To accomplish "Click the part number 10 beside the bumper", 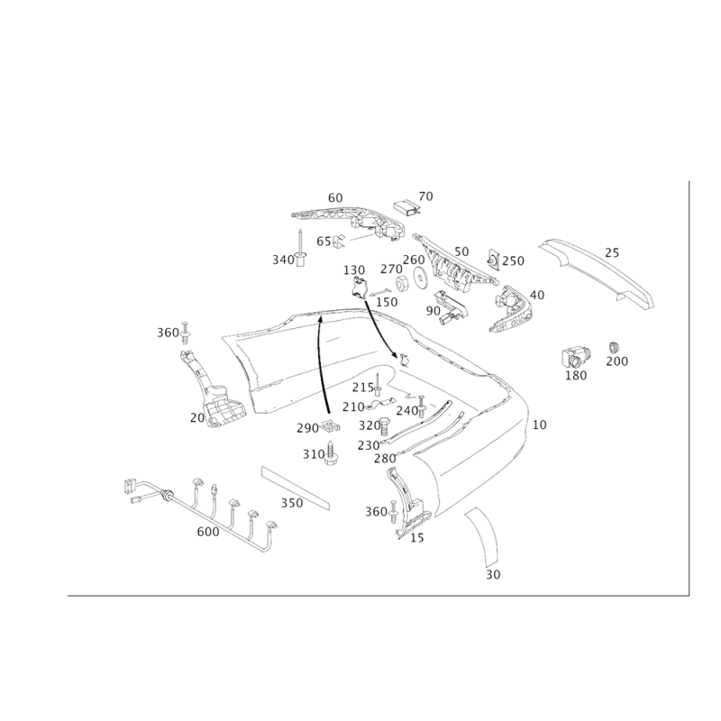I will pos(539,424).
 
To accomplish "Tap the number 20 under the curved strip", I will pos(492,573).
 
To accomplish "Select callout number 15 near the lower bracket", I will pos(416,538).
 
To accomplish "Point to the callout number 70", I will pos(425,196).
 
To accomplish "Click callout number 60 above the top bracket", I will pos(335,196).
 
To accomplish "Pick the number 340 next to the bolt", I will pos(283,260).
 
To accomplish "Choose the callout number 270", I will pos(514,261).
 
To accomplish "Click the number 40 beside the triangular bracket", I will pos(538,295).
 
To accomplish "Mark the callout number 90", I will pos(434,311).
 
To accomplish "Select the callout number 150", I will pos(387,302).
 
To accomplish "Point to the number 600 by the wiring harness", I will pos(208,532).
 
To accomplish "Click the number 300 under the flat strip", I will pos(290,502).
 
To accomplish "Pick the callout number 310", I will pos(314,455).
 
